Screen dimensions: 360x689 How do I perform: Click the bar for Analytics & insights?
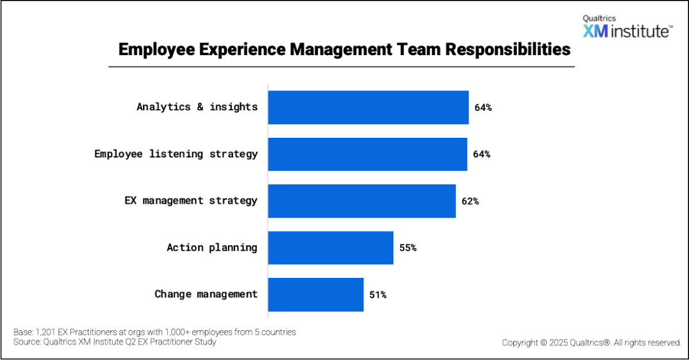(368, 107)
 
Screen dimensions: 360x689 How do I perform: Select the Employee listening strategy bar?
(367, 154)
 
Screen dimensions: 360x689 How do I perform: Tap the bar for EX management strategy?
(362, 201)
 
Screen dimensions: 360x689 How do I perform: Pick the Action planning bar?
(331, 247)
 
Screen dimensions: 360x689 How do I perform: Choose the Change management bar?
(316, 295)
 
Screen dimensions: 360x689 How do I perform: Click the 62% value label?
(470, 202)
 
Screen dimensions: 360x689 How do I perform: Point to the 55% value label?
(408, 248)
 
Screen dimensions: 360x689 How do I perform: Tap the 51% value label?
(378, 295)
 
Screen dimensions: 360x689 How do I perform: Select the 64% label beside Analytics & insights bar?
(483, 107)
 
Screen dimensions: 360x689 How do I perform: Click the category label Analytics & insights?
(197, 107)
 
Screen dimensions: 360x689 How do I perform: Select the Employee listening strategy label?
(176, 154)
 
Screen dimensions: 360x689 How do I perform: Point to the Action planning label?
(212, 247)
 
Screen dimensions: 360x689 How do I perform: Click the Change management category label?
(206, 294)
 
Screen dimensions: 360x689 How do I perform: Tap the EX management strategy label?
(191, 200)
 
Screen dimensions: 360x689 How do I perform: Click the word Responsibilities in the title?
(508, 49)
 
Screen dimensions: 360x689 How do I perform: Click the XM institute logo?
(627, 28)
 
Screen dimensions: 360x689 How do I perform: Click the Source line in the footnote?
(115, 342)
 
